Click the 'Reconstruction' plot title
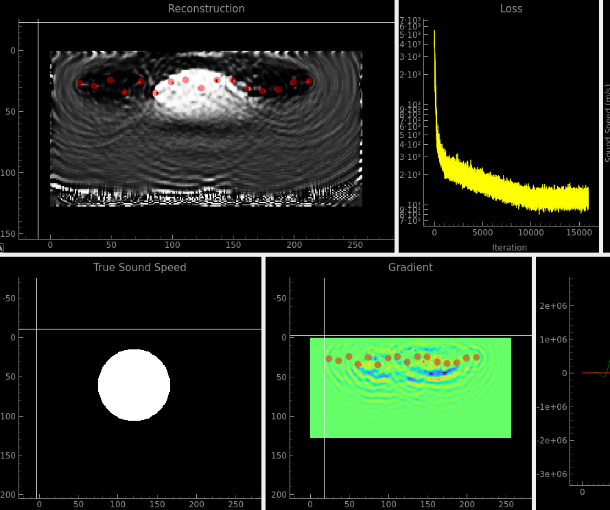click(206, 9)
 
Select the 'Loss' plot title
click(511, 9)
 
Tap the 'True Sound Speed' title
click(140, 268)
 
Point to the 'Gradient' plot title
click(410, 268)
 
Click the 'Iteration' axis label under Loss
click(509, 248)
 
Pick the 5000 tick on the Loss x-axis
click(482, 234)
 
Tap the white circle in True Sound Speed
click(134, 384)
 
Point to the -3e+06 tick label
click(554, 474)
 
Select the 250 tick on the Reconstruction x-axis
click(355, 245)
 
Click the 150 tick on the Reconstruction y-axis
click(10, 233)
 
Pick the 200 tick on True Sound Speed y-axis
click(8, 495)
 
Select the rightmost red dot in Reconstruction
click(309, 81)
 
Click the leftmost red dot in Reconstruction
click(80, 83)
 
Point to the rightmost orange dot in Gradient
click(476, 357)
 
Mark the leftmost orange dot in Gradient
click(329, 358)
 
